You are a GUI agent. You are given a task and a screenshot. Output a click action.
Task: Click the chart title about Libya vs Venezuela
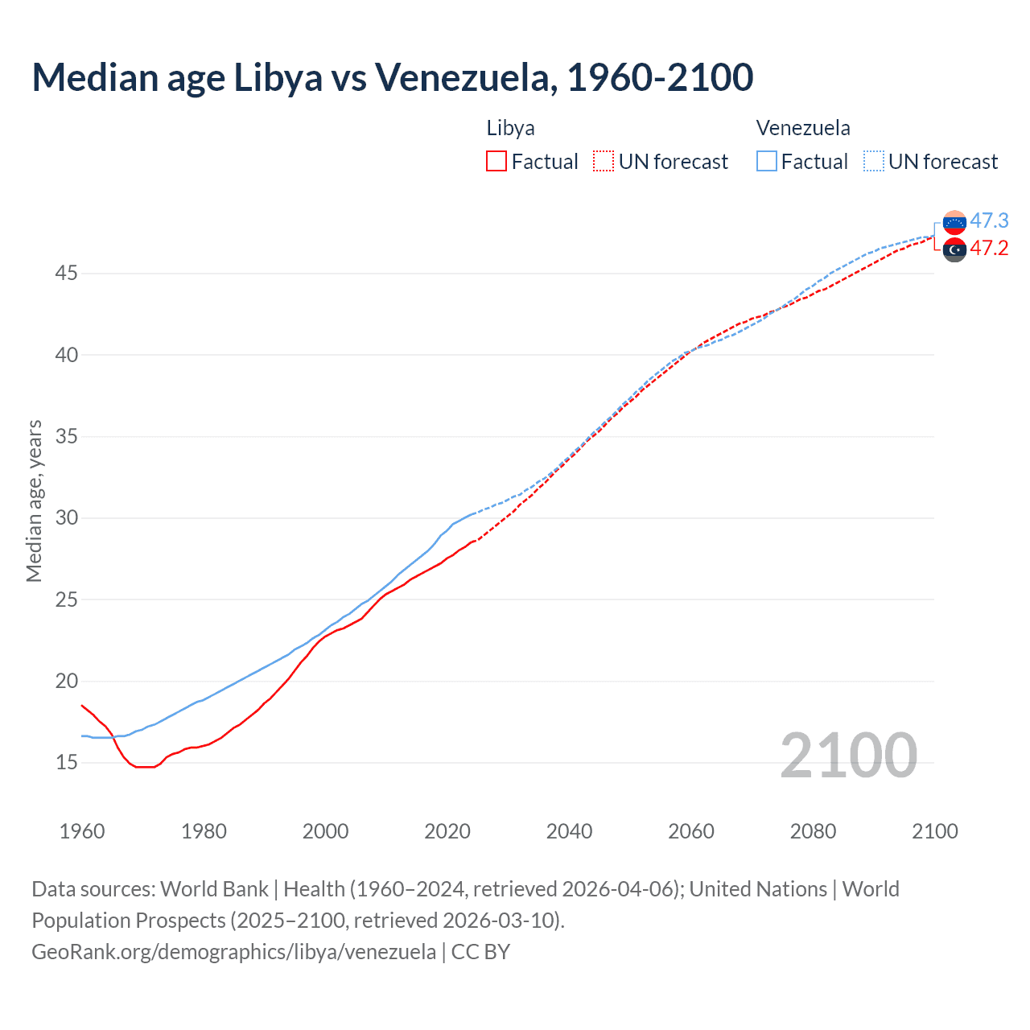(x=392, y=77)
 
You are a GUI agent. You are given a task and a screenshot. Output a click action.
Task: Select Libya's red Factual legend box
(x=496, y=162)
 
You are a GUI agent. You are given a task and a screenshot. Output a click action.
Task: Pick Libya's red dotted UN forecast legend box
(x=604, y=162)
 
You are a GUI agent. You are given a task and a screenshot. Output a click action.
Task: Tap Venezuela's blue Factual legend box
(x=767, y=162)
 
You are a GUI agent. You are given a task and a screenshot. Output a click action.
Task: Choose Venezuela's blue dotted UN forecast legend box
(x=874, y=162)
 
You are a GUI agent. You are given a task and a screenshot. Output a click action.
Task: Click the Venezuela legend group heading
(x=802, y=128)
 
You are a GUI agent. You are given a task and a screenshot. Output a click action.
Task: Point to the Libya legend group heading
(x=510, y=128)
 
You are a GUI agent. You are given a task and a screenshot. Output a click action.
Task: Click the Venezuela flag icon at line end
(x=954, y=222)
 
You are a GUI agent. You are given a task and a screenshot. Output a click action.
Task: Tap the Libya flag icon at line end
(x=954, y=249)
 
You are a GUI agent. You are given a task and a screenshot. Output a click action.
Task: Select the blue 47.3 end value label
(x=989, y=220)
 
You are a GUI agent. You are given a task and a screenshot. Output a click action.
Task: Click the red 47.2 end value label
(x=989, y=248)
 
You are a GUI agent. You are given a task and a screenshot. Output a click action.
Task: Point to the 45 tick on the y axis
(x=67, y=274)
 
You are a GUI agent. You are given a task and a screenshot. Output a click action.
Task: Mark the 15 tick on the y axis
(x=67, y=762)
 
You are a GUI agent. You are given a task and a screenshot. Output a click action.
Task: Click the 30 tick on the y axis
(x=67, y=517)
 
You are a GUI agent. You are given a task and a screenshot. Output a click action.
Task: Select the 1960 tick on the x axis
(x=82, y=831)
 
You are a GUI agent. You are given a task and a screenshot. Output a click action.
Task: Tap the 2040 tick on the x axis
(x=569, y=831)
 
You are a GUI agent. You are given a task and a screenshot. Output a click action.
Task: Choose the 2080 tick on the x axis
(x=813, y=831)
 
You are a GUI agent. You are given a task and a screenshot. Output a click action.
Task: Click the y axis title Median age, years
(x=34, y=501)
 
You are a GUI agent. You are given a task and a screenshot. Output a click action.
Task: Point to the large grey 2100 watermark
(x=848, y=755)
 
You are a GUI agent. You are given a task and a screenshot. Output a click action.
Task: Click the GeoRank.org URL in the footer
(x=233, y=951)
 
